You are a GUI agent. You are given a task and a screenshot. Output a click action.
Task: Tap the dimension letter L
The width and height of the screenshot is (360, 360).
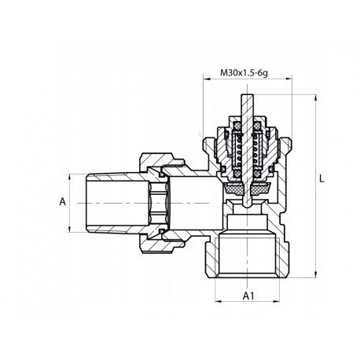click(322, 178)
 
